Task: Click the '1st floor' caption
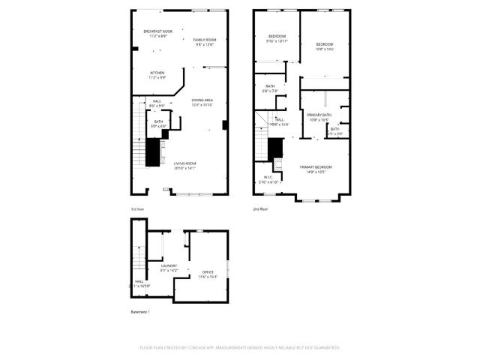(138, 209)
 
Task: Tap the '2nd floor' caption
(260, 209)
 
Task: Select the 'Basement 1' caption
(141, 311)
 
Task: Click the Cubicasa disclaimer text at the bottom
(240, 347)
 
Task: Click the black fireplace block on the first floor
(154, 153)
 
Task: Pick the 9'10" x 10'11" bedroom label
(277, 39)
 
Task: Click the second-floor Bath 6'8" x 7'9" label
(271, 88)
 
